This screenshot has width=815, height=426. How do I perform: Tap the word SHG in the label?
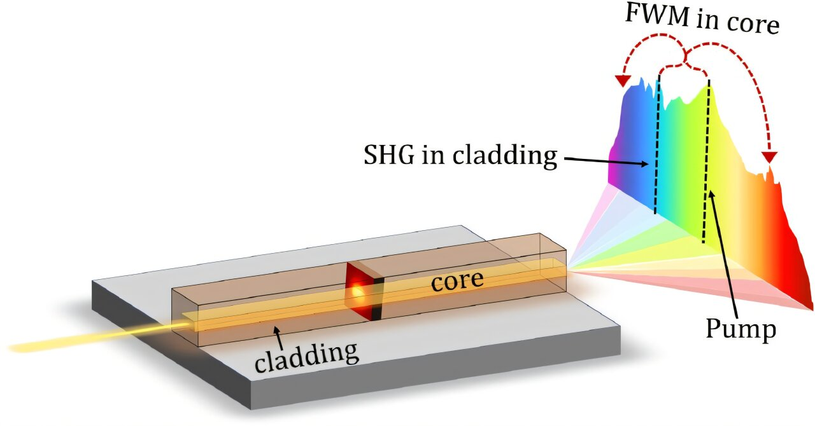[389, 155]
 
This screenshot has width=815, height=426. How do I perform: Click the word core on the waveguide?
[457, 280]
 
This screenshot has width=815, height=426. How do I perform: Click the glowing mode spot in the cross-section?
[357, 292]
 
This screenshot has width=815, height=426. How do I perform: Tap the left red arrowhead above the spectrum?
[623, 81]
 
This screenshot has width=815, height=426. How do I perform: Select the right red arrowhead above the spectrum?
[770, 158]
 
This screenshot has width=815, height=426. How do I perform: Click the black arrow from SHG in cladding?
[606, 161]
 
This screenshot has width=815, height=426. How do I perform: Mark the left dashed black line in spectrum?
[656, 144]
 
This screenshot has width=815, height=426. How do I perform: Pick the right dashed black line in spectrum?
[706, 161]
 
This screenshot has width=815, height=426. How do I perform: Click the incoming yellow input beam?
[98, 336]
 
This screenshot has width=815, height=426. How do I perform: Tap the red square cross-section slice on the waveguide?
[364, 291]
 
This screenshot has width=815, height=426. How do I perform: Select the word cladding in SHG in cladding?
[505, 156]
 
